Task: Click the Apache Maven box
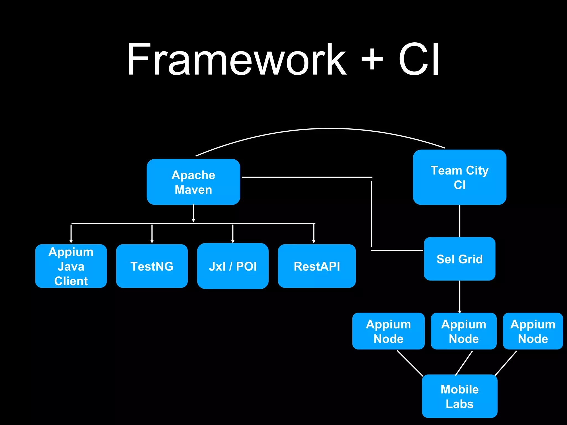coord(193,182)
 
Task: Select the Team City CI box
coord(459,177)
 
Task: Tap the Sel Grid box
coord(459,259)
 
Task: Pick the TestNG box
coord(152,266)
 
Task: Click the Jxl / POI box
coord(233,266)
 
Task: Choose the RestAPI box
coord(316,266)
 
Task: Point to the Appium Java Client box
coord(71,266)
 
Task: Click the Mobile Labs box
coord(459,396)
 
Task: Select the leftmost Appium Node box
coord(388,331)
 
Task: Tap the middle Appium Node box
coord(463,331)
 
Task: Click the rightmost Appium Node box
coord(533,331)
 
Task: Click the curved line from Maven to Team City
coord(329,129)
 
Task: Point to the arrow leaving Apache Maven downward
coord(193,213)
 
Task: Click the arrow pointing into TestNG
coord(152,234)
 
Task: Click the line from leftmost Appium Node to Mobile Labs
coord(410,363)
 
